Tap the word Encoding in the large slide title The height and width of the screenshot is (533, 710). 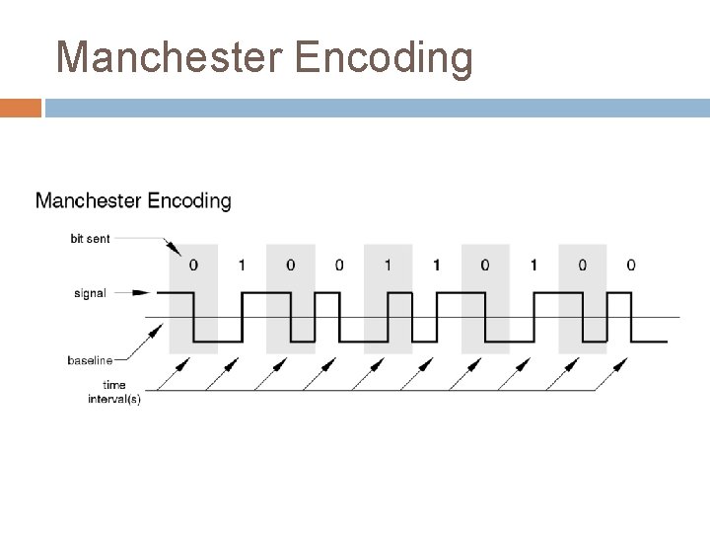[x=387, y=58]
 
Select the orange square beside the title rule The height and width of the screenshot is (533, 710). [x=21, y=108]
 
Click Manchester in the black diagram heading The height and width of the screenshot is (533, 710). [x=88, y=201]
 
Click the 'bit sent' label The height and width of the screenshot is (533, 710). [x=91, y=238]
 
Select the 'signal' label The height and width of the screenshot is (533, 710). [x=91, y=293]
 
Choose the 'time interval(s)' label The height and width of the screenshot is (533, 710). [x=118, y=393]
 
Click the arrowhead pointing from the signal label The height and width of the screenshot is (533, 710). [x=147, y=293]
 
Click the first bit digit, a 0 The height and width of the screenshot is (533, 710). [x=193, y=266]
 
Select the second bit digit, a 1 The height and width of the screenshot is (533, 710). [x=242, y=266]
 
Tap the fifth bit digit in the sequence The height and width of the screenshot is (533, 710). [x=388, y=266]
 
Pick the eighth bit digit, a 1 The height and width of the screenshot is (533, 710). [x=533, y=266]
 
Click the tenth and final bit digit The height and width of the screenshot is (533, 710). [x=631, y=266]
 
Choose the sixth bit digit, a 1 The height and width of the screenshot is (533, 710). [x=436, y=266]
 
